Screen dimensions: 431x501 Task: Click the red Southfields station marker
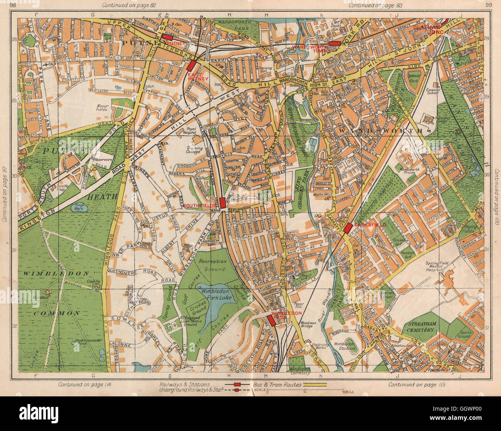click(222, 202)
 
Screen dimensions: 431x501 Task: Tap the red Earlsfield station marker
click(348, 228)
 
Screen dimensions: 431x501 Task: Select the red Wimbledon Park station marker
click(271, 321)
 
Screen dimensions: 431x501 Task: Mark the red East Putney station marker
click(191, 65)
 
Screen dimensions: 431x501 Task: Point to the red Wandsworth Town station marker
click(334, 43)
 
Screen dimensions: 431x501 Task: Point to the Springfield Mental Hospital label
click(439, 266)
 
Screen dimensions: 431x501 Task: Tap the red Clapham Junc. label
click(430, 30)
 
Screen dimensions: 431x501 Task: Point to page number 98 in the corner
click(12, 5)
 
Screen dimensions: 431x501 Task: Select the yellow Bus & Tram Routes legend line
click(315, 384)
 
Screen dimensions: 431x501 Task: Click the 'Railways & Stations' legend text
click(185, 384)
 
